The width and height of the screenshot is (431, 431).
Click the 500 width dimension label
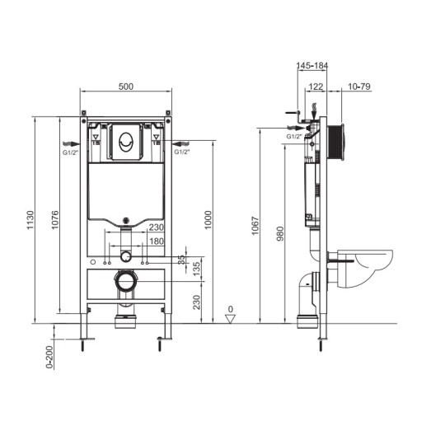click(x=126, y=87)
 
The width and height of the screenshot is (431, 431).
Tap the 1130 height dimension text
click(x=30, y=220)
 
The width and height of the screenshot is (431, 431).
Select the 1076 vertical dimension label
click(x=55, y=220)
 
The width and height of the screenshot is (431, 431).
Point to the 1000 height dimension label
click(x=208, y=220)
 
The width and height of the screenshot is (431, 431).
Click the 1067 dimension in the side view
click(x=255, y=226)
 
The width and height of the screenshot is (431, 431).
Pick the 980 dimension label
click(x=280, y=234)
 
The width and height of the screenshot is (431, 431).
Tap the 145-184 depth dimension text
click(x=312, y=65)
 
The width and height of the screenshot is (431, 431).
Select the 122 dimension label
click(x=316, y=87)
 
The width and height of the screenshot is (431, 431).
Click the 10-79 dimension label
click(x=359, y=87)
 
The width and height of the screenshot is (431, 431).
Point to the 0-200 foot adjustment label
click(x=49, y=357)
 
